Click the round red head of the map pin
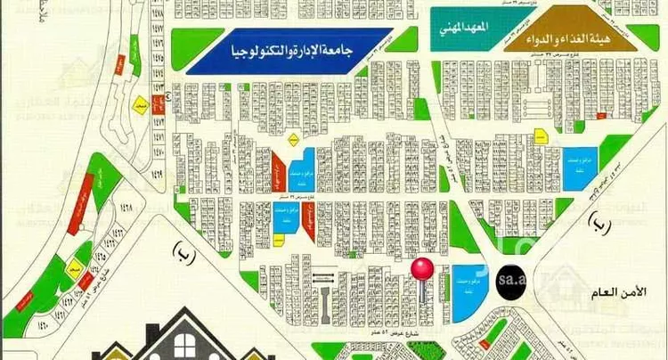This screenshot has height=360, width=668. pos(420,267)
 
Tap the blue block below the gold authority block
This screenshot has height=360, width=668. pos(583,168)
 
